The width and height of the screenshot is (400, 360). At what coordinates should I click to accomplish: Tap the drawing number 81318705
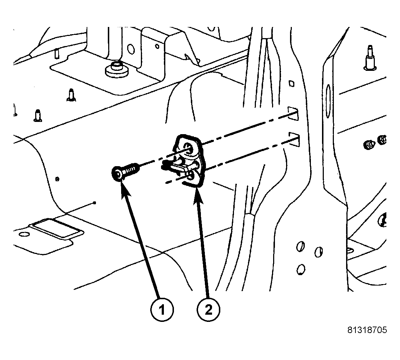[367, 330]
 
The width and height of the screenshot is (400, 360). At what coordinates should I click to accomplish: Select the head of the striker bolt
[118, 174]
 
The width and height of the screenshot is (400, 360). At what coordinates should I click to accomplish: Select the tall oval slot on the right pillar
[328, 101]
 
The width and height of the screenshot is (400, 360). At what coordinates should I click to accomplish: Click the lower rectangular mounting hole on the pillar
[294, 140]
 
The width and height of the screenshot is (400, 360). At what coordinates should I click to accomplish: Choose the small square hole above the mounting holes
[291, 83]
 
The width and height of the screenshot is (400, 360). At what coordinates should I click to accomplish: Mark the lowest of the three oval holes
[301, 269]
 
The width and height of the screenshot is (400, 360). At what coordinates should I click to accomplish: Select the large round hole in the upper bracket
[130, 49]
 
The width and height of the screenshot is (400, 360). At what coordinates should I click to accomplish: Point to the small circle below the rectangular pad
[24, 234]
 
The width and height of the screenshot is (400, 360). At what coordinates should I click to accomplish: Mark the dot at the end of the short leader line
[95, 203]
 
